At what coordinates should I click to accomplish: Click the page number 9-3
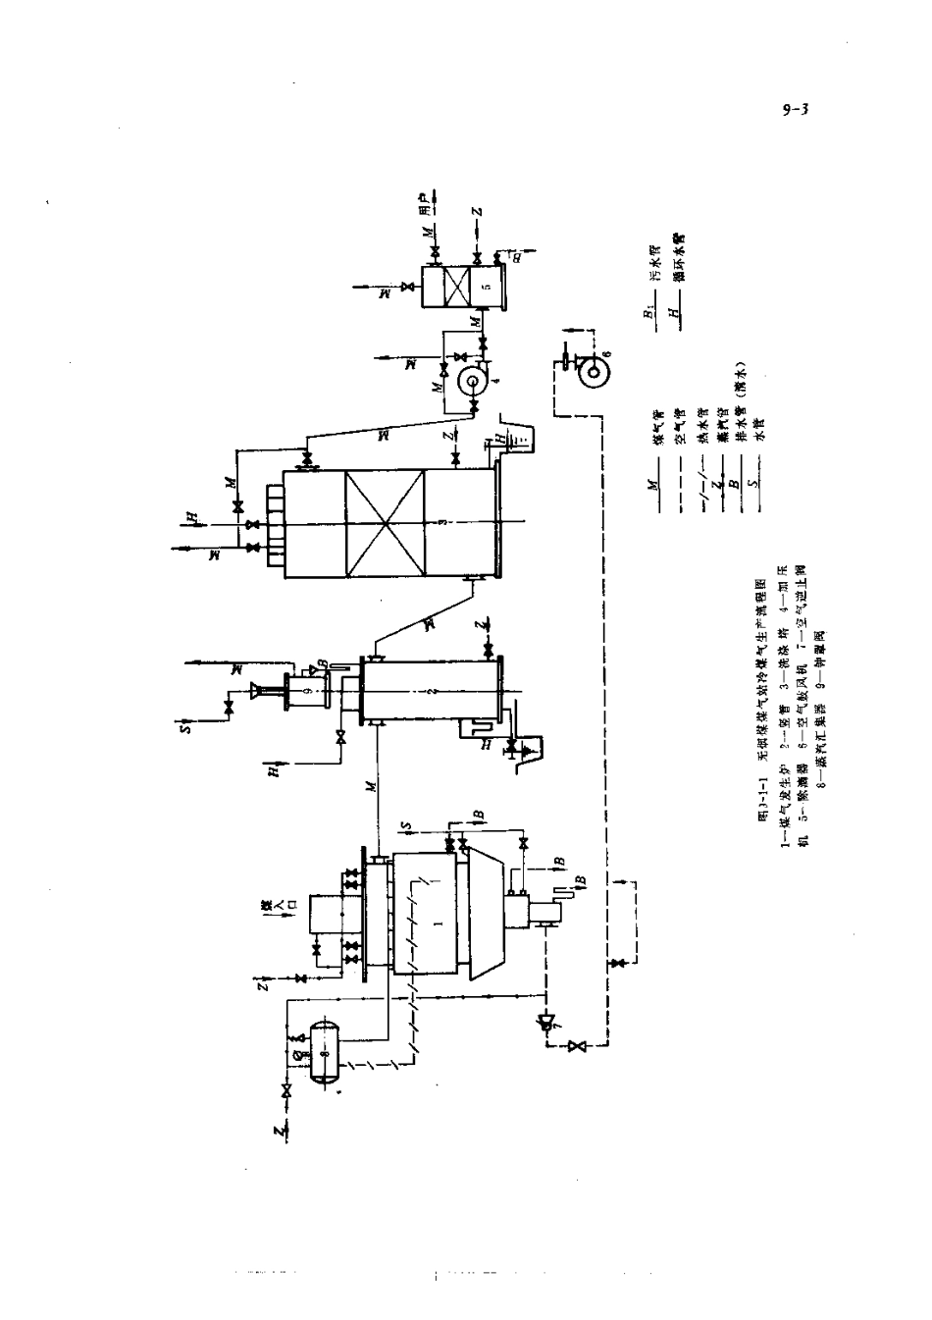click(794, 110)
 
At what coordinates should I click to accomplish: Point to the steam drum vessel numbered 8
click(323, 1053)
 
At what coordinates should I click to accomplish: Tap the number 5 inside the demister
click(485, 287)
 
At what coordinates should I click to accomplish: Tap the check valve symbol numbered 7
click(546, 1021)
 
